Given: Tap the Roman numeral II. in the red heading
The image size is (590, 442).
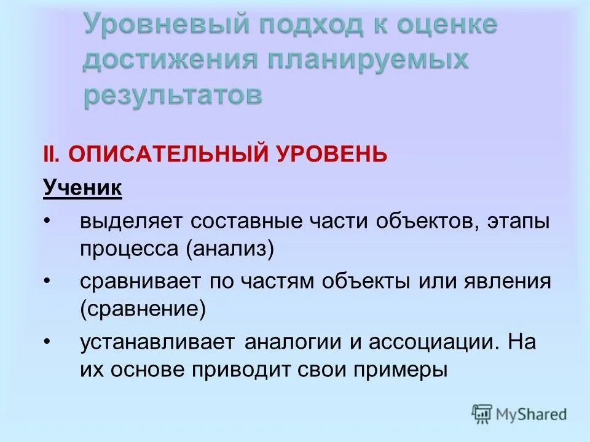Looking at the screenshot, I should point(52,154).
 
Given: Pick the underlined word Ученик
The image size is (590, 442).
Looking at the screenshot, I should point(82,188).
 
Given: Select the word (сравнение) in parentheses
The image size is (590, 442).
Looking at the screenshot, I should point(143,309).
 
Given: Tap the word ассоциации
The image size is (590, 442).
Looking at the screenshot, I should point(421,343).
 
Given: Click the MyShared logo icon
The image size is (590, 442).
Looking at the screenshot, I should point(482,414).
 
